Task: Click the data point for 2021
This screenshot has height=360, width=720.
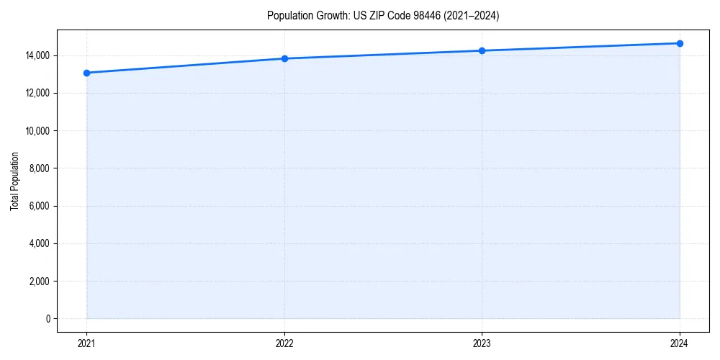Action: pyautogui.click(x=86, y=73)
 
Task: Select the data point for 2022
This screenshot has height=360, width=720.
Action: pyautogui.click(x=284, y=58)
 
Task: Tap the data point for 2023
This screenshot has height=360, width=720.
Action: pyautogui.click(x=482, y=50)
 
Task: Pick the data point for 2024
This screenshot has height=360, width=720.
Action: pyautogui.click(x=680, y=43)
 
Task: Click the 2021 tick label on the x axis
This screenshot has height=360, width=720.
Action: pyautogui.click(x=86, y=343)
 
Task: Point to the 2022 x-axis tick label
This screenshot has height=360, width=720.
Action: pyautogui.click(x=284, y=343)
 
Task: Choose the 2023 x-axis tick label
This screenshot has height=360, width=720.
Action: pyautogui.click(x=482, y=343)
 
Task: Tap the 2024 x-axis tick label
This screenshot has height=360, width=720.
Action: pyautogui.click(x=680, y=343)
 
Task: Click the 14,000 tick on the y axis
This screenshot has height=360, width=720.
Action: pyautogui.click(x=38, y=55)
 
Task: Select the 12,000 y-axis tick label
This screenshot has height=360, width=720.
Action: pyautogui.click(x=38, y=93)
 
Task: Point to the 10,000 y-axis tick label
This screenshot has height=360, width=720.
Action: pyautogui.click(x=38, y=131)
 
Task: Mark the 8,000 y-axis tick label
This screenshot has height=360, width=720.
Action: pyautogui.click(x=40, y=168)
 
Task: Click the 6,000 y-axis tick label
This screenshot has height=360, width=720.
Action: pyautogui.click(x=40, y=206)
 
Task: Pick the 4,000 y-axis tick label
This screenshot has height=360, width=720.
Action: pyautogui.click(x=40, y=243)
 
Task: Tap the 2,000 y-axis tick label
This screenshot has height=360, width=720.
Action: pyautogui.click(x=40, y=282)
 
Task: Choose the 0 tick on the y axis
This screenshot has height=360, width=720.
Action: pyautogui.click(x=48, y=319)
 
